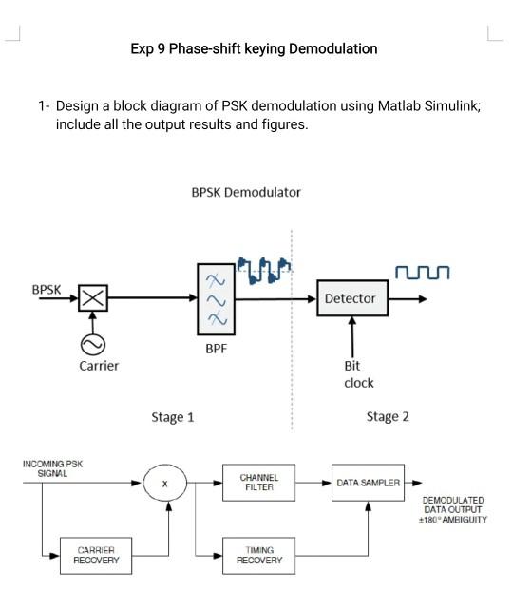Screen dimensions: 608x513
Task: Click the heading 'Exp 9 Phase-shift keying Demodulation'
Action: (254, 48)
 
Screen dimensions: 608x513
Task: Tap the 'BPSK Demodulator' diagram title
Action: (246, 192)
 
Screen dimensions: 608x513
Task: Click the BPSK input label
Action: (47, 289)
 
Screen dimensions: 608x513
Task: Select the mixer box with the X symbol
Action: (92, 299)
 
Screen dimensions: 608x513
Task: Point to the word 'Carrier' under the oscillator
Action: (99, 366)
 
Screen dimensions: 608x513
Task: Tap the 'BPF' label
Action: (217, 349)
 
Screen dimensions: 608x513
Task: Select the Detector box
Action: (350, 298)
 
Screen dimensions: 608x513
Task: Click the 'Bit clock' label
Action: (358, 374)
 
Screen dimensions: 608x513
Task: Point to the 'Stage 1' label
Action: (173, 417)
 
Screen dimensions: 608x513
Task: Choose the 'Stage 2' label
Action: (388, 417)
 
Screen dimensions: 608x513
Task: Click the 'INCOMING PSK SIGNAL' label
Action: (52, 467)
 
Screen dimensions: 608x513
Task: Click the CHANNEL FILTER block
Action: (258, 482)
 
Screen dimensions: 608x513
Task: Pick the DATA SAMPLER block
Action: (368, 483)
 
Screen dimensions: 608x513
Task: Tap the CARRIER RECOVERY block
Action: (97, 555)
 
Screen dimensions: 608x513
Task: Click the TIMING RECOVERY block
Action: (258, 555)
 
